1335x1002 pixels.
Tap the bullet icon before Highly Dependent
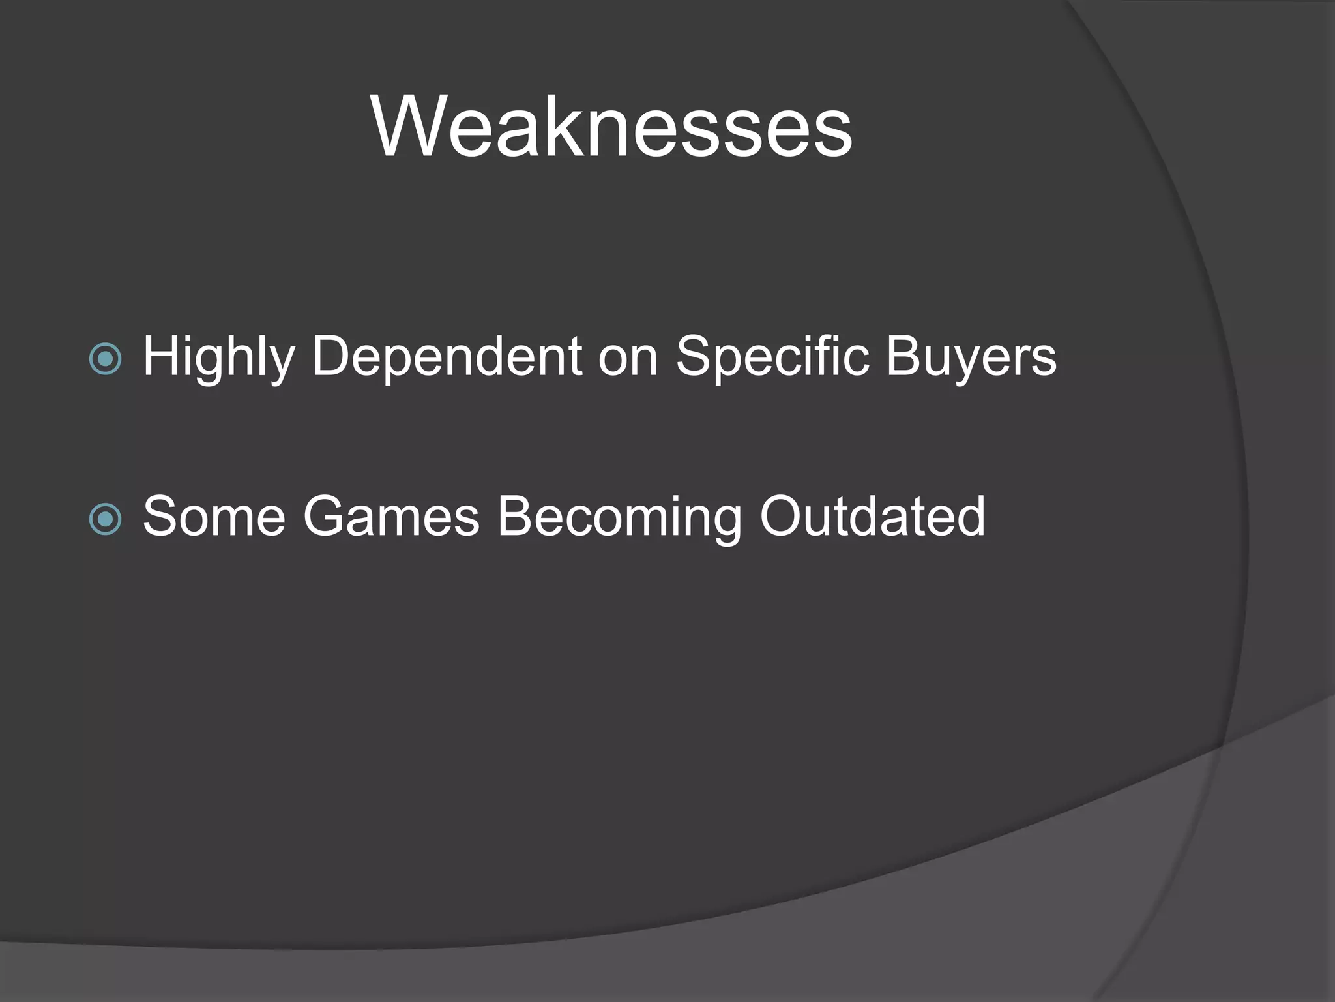[x=105, y=359]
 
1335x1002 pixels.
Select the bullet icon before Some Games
[x=105, y=519]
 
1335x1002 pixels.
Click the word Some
[x=214, y=517]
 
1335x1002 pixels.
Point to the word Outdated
[x=872, y=517]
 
